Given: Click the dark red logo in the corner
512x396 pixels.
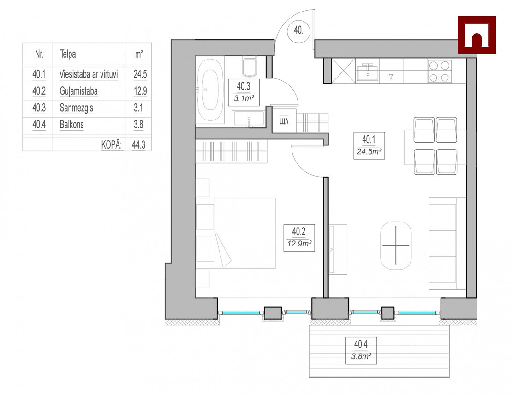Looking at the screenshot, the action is (476, 35).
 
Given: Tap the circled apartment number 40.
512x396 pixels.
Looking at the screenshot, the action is (298, 30).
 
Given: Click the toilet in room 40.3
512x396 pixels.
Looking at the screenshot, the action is (250, 66).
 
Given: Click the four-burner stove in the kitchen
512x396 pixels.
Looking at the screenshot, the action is (439, 71).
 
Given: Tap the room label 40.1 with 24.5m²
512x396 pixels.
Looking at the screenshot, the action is (369, 146).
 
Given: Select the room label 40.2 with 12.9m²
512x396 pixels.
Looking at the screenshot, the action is (299, 238).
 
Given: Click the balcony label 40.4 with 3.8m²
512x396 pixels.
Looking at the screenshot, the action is (361, 350).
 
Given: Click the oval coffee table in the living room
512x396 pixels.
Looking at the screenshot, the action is (396, 246).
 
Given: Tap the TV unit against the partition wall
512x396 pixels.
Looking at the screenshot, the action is (338, 249).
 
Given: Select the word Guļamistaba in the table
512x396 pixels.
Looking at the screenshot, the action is (79, 91).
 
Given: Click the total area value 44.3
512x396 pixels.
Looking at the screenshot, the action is (139, 144).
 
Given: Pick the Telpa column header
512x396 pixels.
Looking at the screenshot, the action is (68, 54).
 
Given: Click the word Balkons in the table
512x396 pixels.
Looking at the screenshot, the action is (72, 125).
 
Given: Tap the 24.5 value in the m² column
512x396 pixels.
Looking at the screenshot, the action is (140, 74).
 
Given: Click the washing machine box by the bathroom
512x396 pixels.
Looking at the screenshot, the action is (284, 121).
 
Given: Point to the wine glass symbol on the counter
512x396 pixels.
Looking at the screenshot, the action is (391, 77).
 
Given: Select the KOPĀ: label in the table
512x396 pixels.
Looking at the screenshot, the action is (112, 144).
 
